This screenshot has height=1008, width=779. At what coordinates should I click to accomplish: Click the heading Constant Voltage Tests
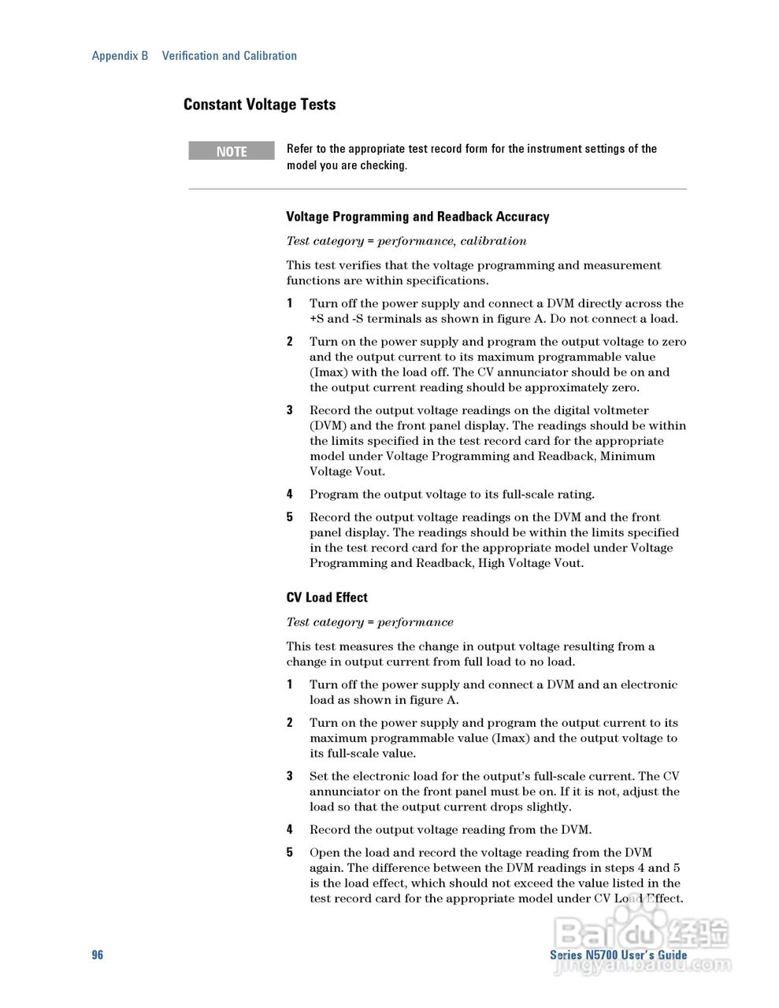pyautogui.click(x=259, y=105)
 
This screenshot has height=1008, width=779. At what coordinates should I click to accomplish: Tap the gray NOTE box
pyautogui.click(x=232, y=151)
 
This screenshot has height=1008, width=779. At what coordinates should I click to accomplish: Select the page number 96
pyautogui.click(x=97, y=954)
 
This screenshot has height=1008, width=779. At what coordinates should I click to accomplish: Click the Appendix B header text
pyautogui.click(x=120, y=56)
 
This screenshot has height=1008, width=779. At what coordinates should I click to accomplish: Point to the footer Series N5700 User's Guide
pyautogui.click(x=618, y=954)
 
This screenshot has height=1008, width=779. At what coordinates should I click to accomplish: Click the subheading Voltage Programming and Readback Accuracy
pyautogui.click(x=417, y=217)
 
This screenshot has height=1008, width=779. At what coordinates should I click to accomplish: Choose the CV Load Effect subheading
pyautogui.click(x=327, y=598)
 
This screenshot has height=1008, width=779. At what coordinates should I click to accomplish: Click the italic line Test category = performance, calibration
pyautogui.click(x=406, y=241)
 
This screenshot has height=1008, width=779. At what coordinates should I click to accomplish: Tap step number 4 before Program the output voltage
pyautogui.click(x=290, y=495)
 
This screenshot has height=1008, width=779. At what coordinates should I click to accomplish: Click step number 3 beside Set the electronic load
pyautogui.click(x=290, y=776)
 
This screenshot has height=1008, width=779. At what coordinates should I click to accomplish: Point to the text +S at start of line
pyautogui.click(x=317, y=319)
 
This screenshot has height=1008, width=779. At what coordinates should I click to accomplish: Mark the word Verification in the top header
pyautogui.click(x=190, y=56)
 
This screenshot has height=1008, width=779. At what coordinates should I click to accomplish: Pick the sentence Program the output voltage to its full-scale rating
pyautogui.click(x=451, y=495)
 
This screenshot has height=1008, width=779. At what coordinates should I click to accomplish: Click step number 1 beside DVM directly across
pyautogui.click(x=290, y=303)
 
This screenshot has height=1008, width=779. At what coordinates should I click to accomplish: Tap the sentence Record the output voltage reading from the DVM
pyautogui.click(x=450, y=829)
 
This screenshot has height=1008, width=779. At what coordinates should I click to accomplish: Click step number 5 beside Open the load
pyautogui.click(x=290, y=852)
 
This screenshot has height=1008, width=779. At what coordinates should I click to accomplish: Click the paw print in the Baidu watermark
pyautogui.click(x=637, y=921)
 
